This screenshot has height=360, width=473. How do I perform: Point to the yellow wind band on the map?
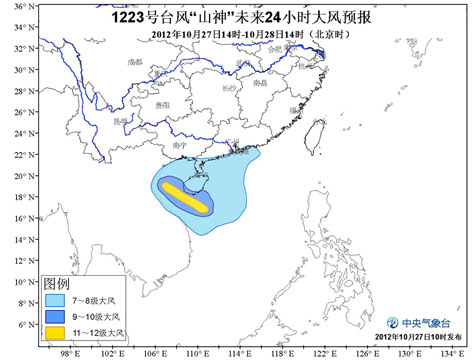pos(187,196)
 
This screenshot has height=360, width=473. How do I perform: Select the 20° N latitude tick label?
pos(18,175)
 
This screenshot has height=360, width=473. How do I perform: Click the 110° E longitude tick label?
pos(195,353)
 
